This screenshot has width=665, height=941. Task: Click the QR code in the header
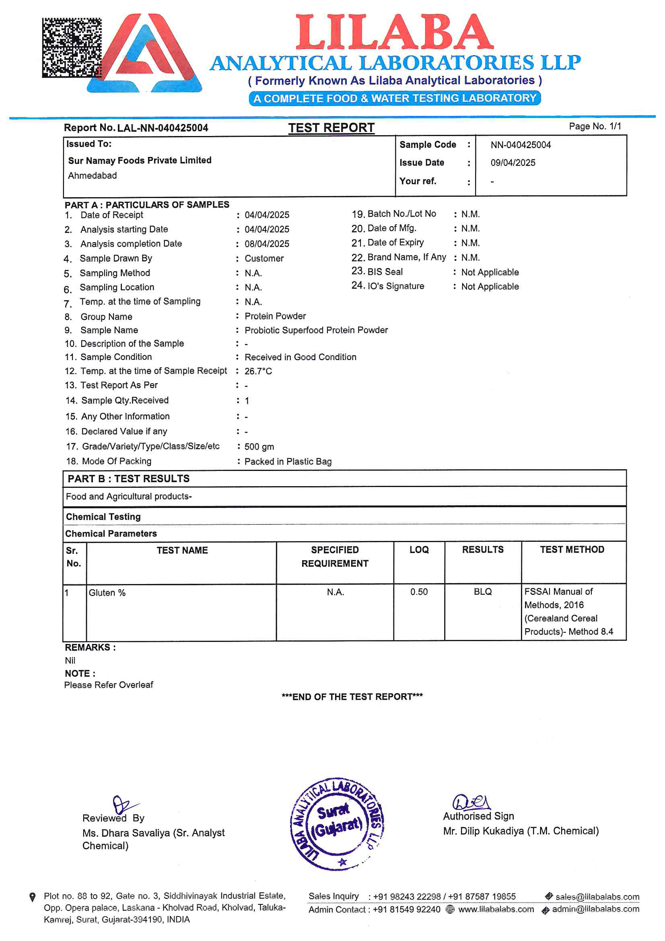tap(72, 47)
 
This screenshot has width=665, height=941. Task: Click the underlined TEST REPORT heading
tap(331, 128)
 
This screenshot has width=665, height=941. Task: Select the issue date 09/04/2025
tap(513, 163)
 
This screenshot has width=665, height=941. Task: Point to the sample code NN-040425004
tap(520, 144)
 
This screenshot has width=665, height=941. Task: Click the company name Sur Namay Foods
tap(140, 160)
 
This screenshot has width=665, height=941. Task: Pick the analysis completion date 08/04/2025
tap(267, 244)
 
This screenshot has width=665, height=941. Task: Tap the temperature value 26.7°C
tap(258, 371)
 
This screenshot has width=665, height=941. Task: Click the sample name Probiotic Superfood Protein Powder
tap(316, 330)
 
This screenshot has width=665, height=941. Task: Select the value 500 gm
tap(259, 447)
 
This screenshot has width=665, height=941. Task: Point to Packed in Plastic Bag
tap(288, 462)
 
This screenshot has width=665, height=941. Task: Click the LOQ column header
tap(419, 550)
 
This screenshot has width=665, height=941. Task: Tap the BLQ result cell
tap(483, 592)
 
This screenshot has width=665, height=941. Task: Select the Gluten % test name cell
tap(107, 593)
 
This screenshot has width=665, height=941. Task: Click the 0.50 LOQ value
tap(419, 592)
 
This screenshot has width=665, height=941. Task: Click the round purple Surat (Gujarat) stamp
tap(337, 824)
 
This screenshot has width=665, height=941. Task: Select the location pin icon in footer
tap(33, 897)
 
